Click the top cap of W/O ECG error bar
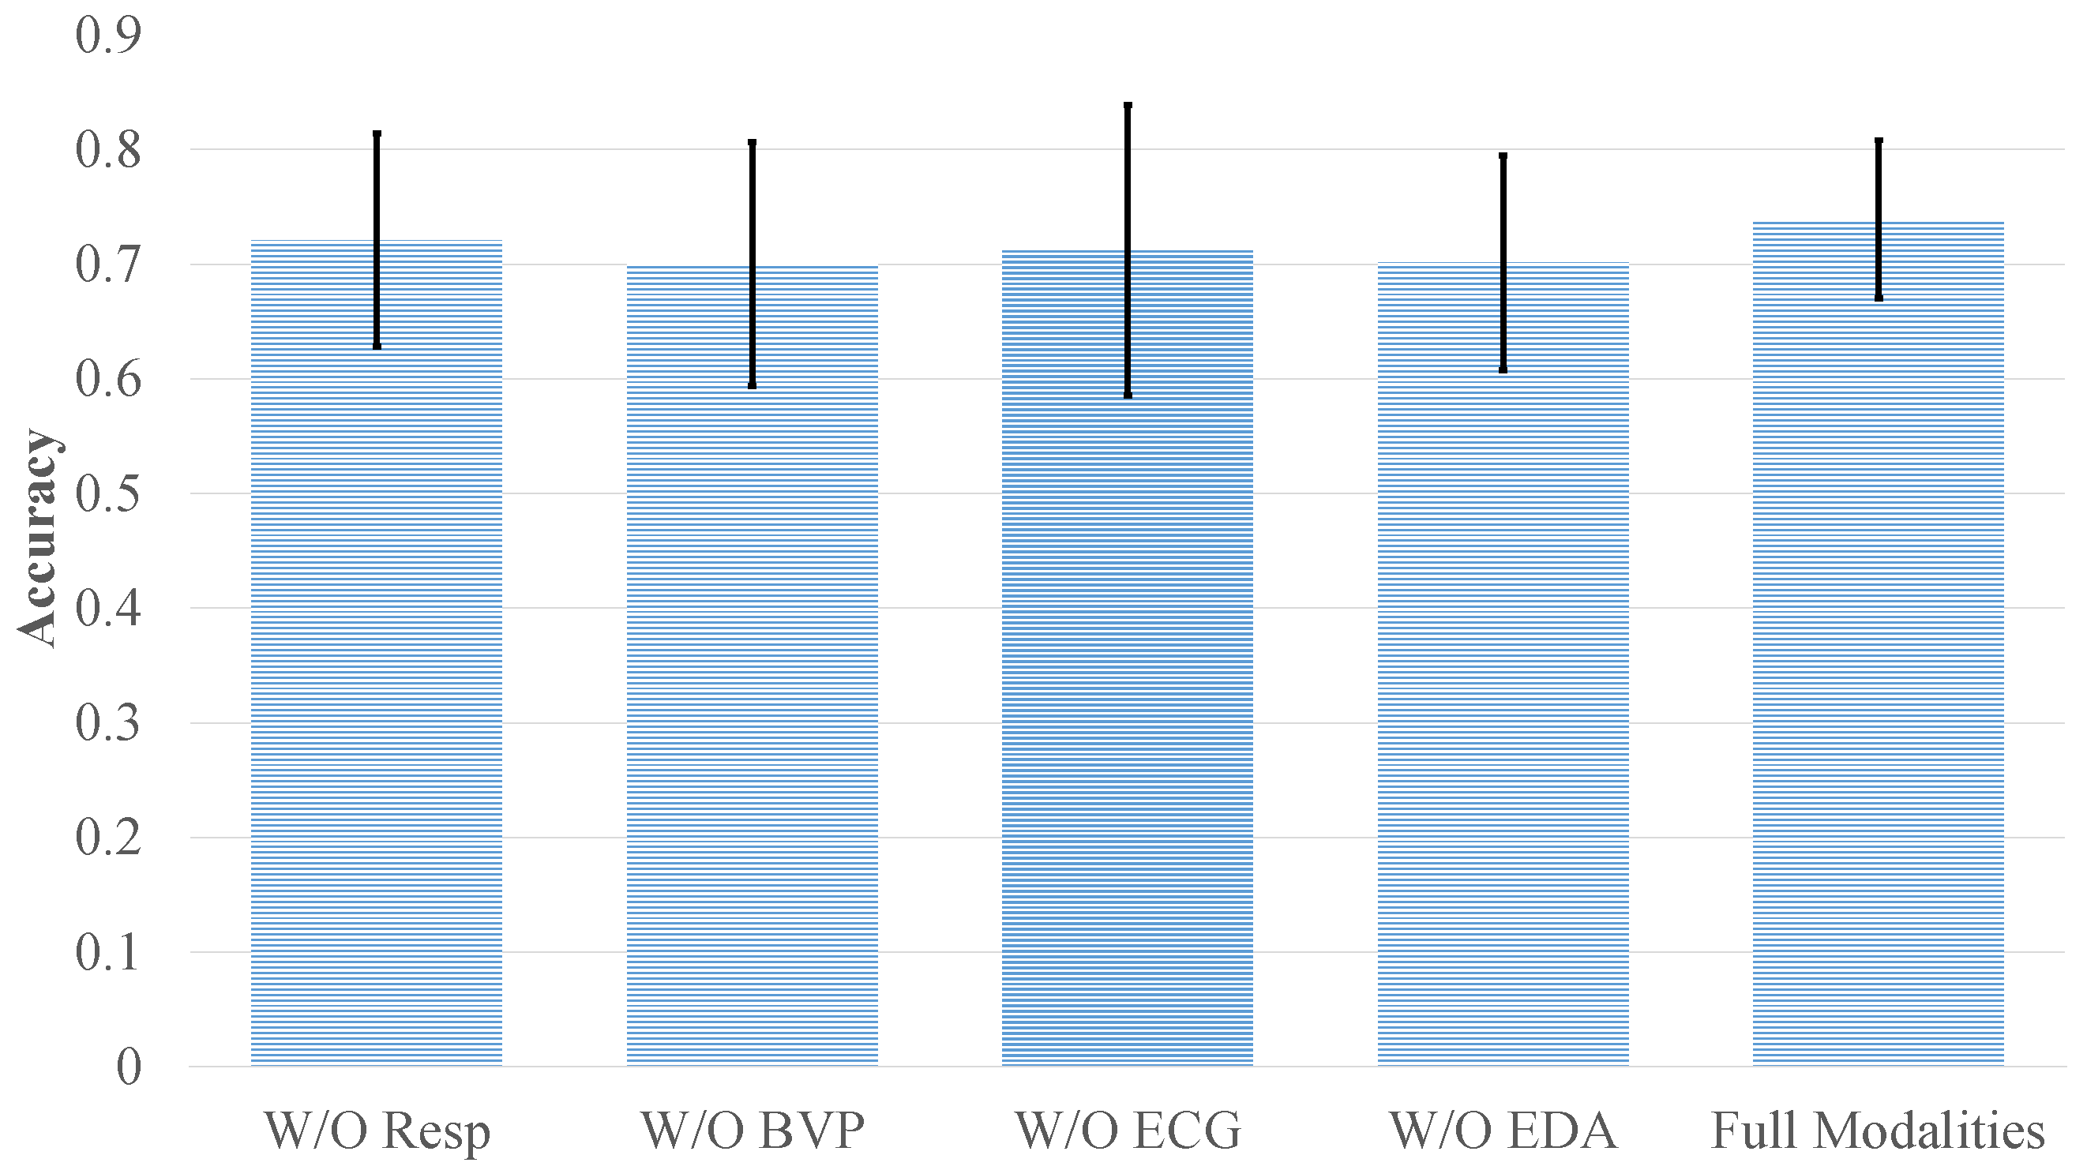pos(1128,105)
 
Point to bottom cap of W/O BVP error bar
pos(752,386)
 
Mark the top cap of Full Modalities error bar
pos(1879,141)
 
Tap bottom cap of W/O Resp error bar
pos(377,346)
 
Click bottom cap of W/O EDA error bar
pos(1503,369)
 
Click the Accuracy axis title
pos(38,538)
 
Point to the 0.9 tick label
pos(107,35)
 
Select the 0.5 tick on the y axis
pos(107,493)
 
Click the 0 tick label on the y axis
pos(128,1067)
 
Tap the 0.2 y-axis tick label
pos(107,838)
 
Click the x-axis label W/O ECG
pos(1127,1131)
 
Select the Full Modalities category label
pos(1878,1131)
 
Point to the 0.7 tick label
pos(107,264)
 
